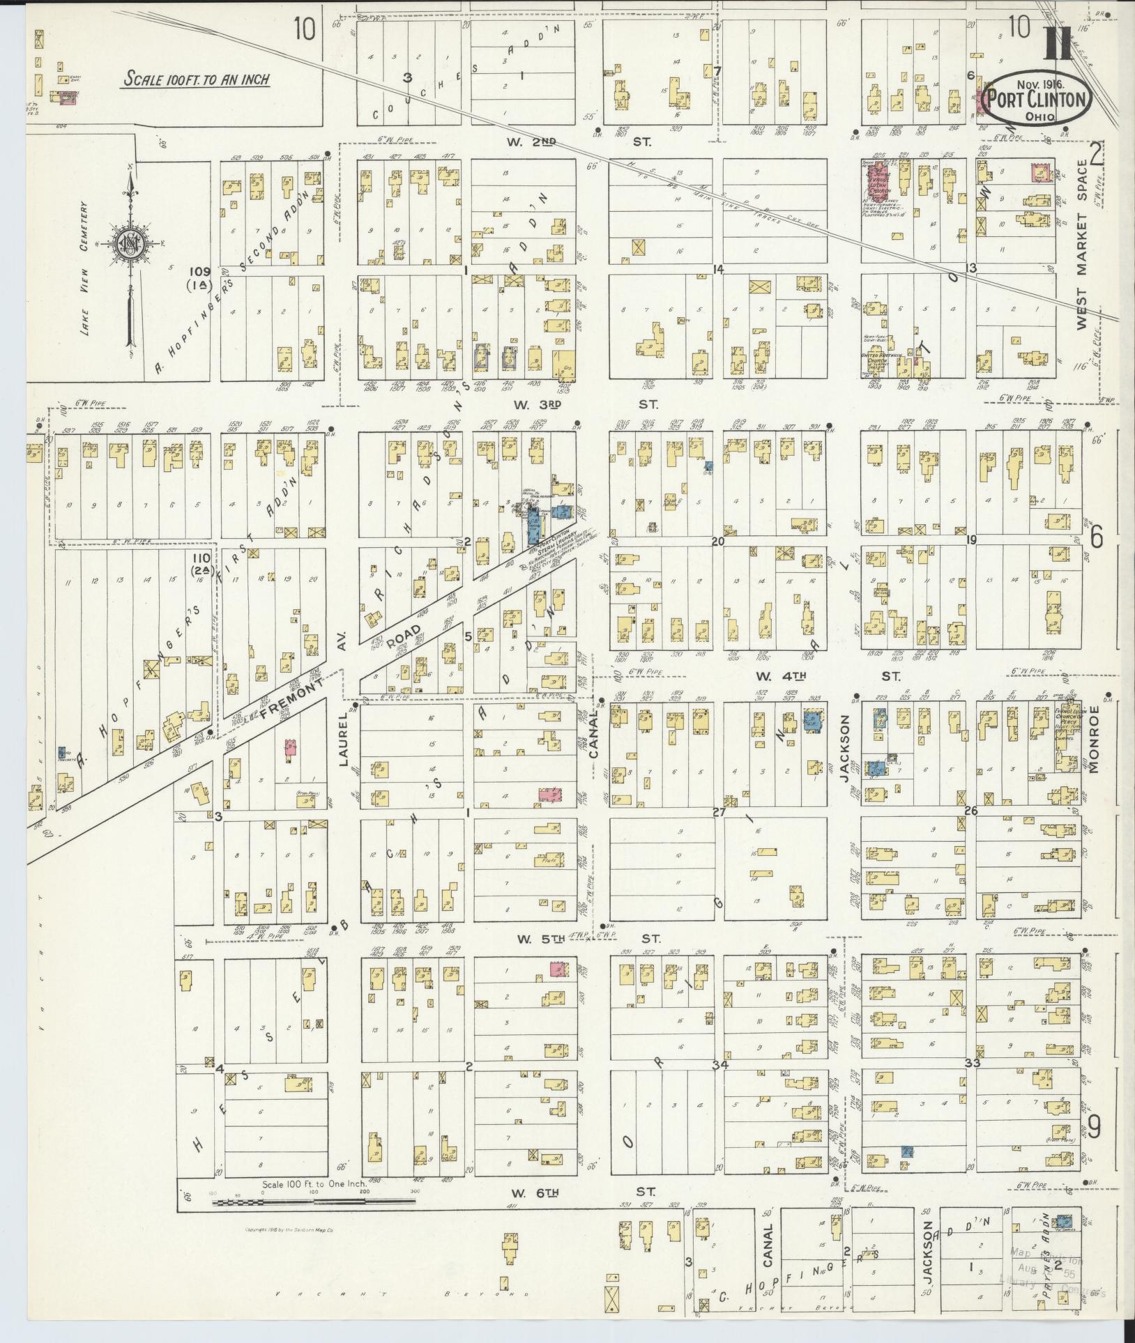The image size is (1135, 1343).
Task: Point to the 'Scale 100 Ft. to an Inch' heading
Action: (196, 79)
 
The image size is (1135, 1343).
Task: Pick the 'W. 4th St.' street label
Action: (830, 675)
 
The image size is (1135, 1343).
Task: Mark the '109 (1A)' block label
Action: (199, 277)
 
